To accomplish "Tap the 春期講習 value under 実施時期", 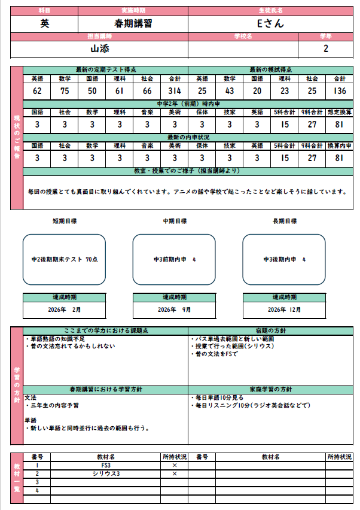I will point(133,23).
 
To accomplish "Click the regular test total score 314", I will point(175,91).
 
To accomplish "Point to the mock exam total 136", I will point(340,91).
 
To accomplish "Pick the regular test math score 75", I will point(65,91).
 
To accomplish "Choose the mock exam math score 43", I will point(230,91).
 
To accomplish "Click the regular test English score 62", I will point(37,91).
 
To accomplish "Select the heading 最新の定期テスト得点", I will point(105,70).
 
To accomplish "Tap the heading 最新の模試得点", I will point(271,70).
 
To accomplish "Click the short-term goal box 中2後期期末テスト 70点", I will point(64,259).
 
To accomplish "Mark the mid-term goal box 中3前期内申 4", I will point(174,259).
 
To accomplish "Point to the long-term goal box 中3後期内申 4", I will point(284,259).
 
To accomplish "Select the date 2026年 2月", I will point(64,310).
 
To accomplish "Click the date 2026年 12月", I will point(284,310).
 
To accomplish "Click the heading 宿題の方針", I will point(271,330).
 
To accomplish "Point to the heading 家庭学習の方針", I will point(271,389).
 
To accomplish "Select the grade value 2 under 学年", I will point(325,48).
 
